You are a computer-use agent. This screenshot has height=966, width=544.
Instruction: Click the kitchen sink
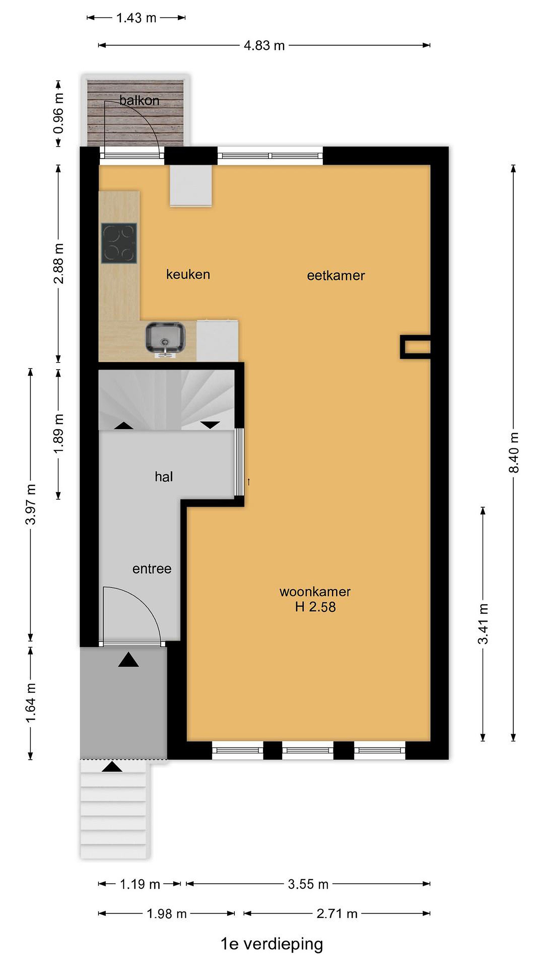(166, 337)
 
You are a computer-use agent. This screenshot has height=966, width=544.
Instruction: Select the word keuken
(188, 274)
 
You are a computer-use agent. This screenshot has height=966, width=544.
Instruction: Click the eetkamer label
(336, 276)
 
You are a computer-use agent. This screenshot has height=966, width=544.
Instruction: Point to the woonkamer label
(315, 592)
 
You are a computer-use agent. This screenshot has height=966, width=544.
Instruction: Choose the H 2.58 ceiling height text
(315, 607)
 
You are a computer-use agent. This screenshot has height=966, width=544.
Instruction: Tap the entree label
(152, 569)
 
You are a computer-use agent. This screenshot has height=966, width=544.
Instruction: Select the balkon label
(139, 100)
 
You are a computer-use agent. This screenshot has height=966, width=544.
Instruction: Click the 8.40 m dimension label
(514, 452)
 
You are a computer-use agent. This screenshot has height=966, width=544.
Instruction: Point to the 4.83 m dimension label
(264, 46)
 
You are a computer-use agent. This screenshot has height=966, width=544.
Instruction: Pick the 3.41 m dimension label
(483, 624)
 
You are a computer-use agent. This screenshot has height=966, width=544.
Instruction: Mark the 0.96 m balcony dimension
(58, 113)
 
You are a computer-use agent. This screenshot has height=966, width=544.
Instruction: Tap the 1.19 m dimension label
(140, 884)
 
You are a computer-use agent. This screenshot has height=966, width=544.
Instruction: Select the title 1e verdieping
(272, 944)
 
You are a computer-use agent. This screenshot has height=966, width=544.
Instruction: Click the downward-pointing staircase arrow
(210, 425)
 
